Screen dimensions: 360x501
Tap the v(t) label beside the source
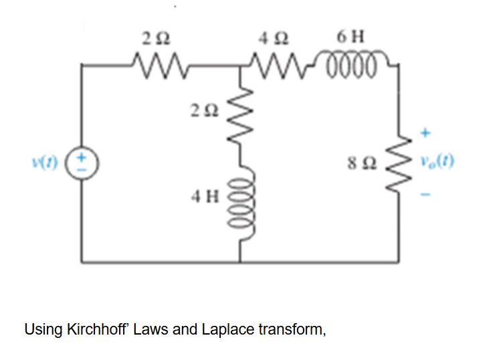[x=55, y=162]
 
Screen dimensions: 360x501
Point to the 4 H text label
[x=203, y=197]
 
